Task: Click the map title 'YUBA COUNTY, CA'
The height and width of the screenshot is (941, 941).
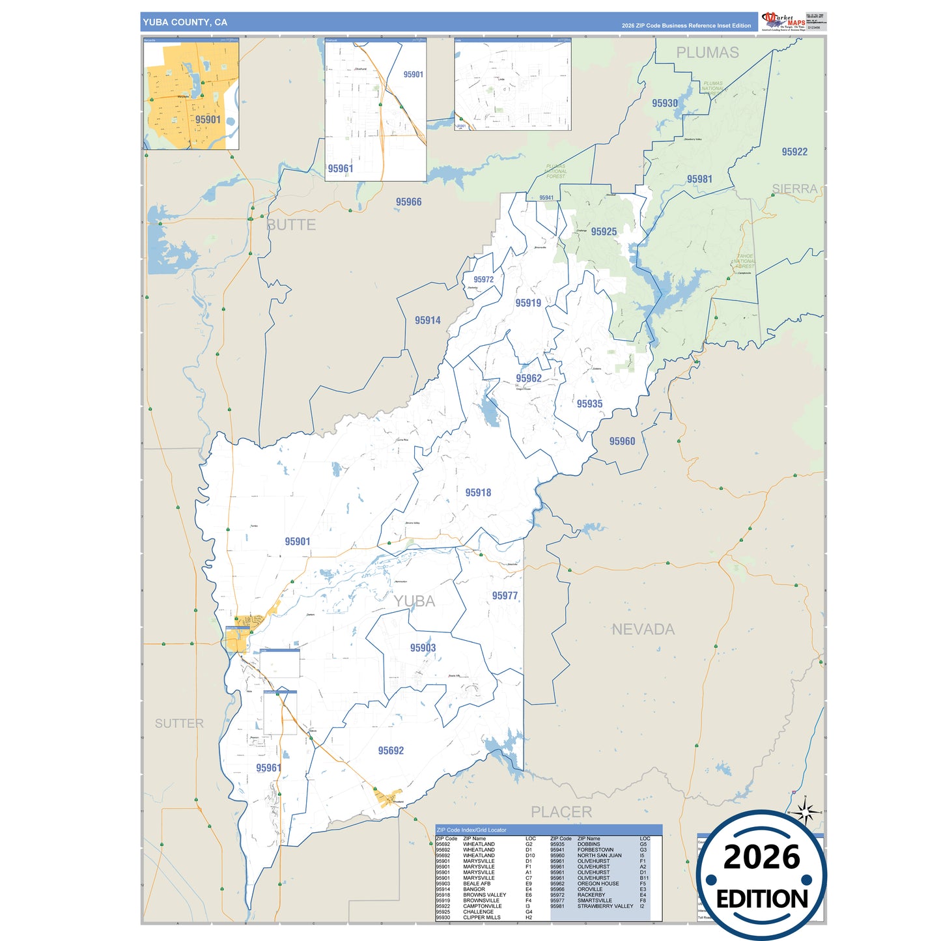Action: pyautogui.click(x=185, y=22)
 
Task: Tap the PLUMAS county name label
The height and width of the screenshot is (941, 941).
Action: pyautogui.click(x=707, y=53)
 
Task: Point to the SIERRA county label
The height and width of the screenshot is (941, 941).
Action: pyautogui.click(x=794, y=189)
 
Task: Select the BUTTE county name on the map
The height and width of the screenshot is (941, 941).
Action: pyautogui.click(x=291, y=225)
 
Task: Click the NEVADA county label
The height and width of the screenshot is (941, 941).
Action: pyautogui.click(x=643, y=629)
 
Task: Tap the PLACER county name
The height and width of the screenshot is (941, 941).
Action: pyautogui.click(x=561, y=812)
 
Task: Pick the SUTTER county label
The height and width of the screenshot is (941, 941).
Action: pyautogui.click(x=179, y=723)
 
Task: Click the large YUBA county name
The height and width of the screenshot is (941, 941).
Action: pyautogui.click(x=414, y=601)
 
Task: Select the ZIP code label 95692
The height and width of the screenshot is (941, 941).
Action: pyautogui.click(x=391, y=751)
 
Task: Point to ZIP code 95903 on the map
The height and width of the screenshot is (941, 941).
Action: pyautogui.click(x=423, y=648)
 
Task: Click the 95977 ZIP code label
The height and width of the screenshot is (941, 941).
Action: pyautogui.click(x=505, y=596)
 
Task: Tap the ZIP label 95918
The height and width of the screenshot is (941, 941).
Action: pyautogui.click(x=478, y=493)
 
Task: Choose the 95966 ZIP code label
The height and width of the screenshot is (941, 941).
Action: pyautogui.click(x=408, y=202)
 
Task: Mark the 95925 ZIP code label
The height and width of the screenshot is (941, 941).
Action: pyautogui.click(x=604, y=232)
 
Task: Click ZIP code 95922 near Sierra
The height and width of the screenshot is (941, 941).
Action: pyautogui.click(x=794, y=152)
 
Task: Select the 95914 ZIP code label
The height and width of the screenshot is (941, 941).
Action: pyautogui.click(x=427, y=320)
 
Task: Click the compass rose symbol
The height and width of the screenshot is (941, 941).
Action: pyautogui.click(x=806, y=812)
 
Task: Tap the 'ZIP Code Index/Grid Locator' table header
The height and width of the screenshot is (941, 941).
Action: pyautogui.click(x=471, y=830)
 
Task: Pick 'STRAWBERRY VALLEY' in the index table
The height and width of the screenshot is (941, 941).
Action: pyautogui.click(x=605, y=906)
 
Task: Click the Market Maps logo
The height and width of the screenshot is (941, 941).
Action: pyautogui.click(x=783, y=21)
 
